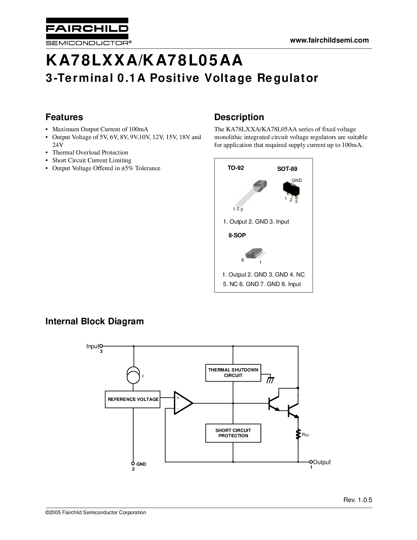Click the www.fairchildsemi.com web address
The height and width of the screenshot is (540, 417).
[x=329, y=40]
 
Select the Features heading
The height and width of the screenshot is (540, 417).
[x=64, y=117]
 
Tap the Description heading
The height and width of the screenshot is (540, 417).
[x=239, y=117]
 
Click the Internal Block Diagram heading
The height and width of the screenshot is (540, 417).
[x=95, y=321]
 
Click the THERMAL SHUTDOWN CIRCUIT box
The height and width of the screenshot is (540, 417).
[x=233, y=373]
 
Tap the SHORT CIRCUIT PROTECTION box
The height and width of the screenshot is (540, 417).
[x=233, y=433]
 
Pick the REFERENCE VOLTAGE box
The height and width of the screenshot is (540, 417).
[x=133, y=399]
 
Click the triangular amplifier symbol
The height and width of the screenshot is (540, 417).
[x=182, y=403]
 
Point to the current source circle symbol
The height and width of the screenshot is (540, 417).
[x=133, y=376]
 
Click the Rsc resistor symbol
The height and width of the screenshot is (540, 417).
[x=298, y=435]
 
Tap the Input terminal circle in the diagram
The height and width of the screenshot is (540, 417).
[x=101, y=346]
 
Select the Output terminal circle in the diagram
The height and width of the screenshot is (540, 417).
[x=311, y=462]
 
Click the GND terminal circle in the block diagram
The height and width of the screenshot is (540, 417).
[x=133, y=463]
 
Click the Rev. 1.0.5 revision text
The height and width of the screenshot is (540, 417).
[x=357, y=500]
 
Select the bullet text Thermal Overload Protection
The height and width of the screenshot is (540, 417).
[x=90, y=153]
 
